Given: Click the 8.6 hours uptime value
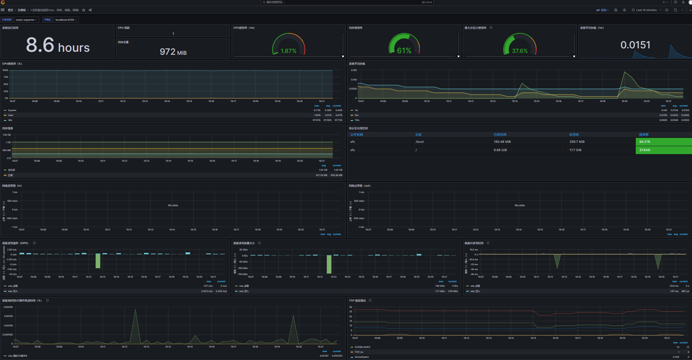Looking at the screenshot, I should point(57,45).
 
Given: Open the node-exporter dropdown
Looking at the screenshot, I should point(26,20).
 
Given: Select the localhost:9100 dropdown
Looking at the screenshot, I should point(66,20).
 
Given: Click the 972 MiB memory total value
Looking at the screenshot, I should point(173,52).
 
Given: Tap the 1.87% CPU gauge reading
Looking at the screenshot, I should point(288,51).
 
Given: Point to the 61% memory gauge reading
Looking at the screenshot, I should point(404,51).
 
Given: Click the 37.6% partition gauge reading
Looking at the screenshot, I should point(520,51).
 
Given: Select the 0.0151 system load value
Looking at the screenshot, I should point(635,45).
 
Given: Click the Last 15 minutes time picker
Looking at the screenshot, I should point(646,10).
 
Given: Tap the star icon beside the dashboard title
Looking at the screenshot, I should point(83,10).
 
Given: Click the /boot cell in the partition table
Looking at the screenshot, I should point(420,142).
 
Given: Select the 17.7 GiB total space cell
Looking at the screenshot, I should point(575,150).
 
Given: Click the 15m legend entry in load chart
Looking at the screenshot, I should point(357,120).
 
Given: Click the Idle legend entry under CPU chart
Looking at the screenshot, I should point(10,120).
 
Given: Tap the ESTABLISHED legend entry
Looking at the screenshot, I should point(362,347).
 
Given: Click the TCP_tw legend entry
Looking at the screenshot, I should point(359,352).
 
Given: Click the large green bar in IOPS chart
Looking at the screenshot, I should point(98,261).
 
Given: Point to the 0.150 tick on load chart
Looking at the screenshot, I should point(354,70).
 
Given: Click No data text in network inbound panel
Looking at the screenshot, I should point(173,205).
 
